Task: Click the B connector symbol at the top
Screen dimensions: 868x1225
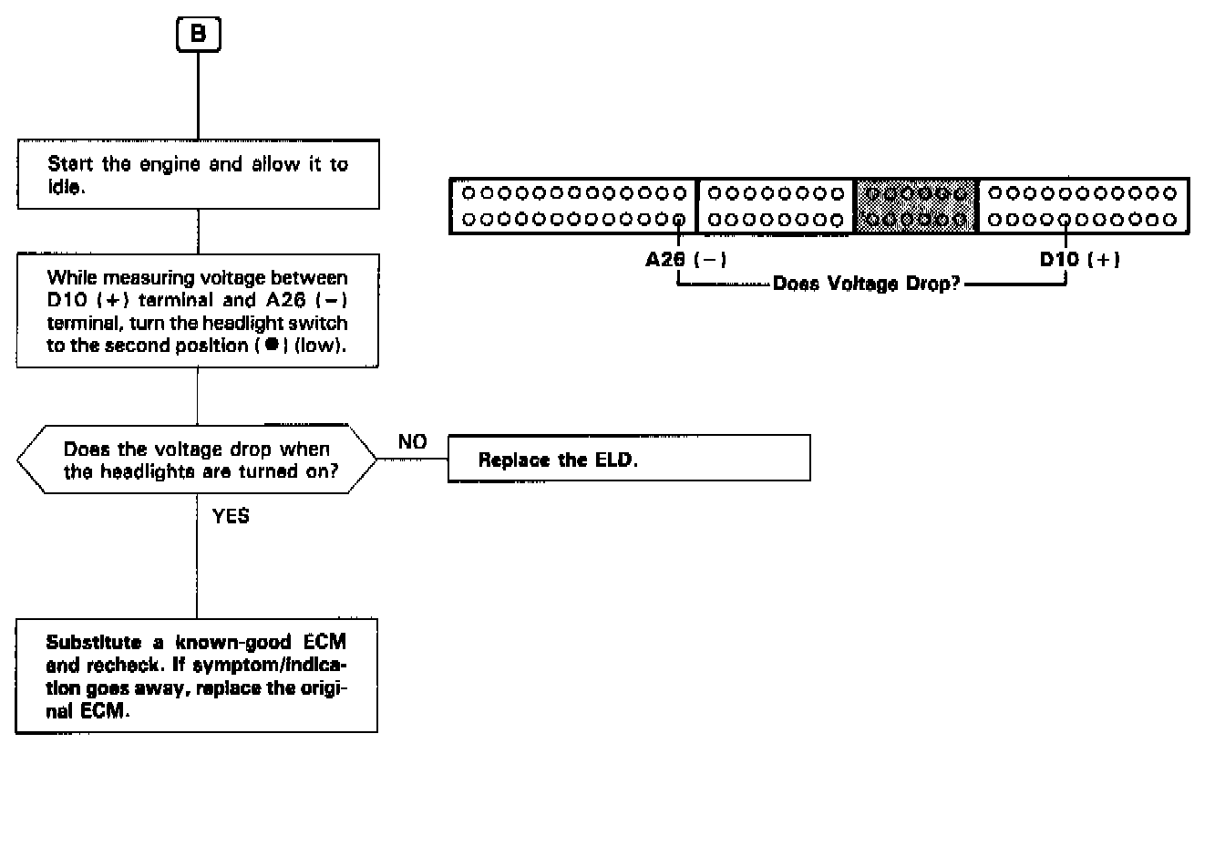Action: tap(198, 35)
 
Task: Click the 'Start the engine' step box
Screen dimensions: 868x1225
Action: tap(198, 174)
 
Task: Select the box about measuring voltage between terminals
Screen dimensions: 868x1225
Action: tap(198, 311)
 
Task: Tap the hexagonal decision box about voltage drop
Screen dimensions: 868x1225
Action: tap(197, 460)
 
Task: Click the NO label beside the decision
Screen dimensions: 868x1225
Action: tap(412, 442)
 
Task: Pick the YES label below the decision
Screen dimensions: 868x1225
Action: tap(231, 516)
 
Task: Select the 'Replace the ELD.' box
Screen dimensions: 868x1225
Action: tap(629, 458)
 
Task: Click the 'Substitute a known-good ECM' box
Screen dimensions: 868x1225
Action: tap(197, 676)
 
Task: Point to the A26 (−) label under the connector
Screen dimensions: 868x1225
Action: tap(685, 260)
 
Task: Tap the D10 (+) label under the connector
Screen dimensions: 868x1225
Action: tap(1079, 260)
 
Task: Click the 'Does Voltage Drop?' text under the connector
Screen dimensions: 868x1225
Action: tap(866, 284)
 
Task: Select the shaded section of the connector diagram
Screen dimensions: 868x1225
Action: tap(915, 206)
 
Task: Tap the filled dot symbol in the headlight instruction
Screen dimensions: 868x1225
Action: tap(271, 346)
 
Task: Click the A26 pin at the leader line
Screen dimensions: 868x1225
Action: tap(679, 220)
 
